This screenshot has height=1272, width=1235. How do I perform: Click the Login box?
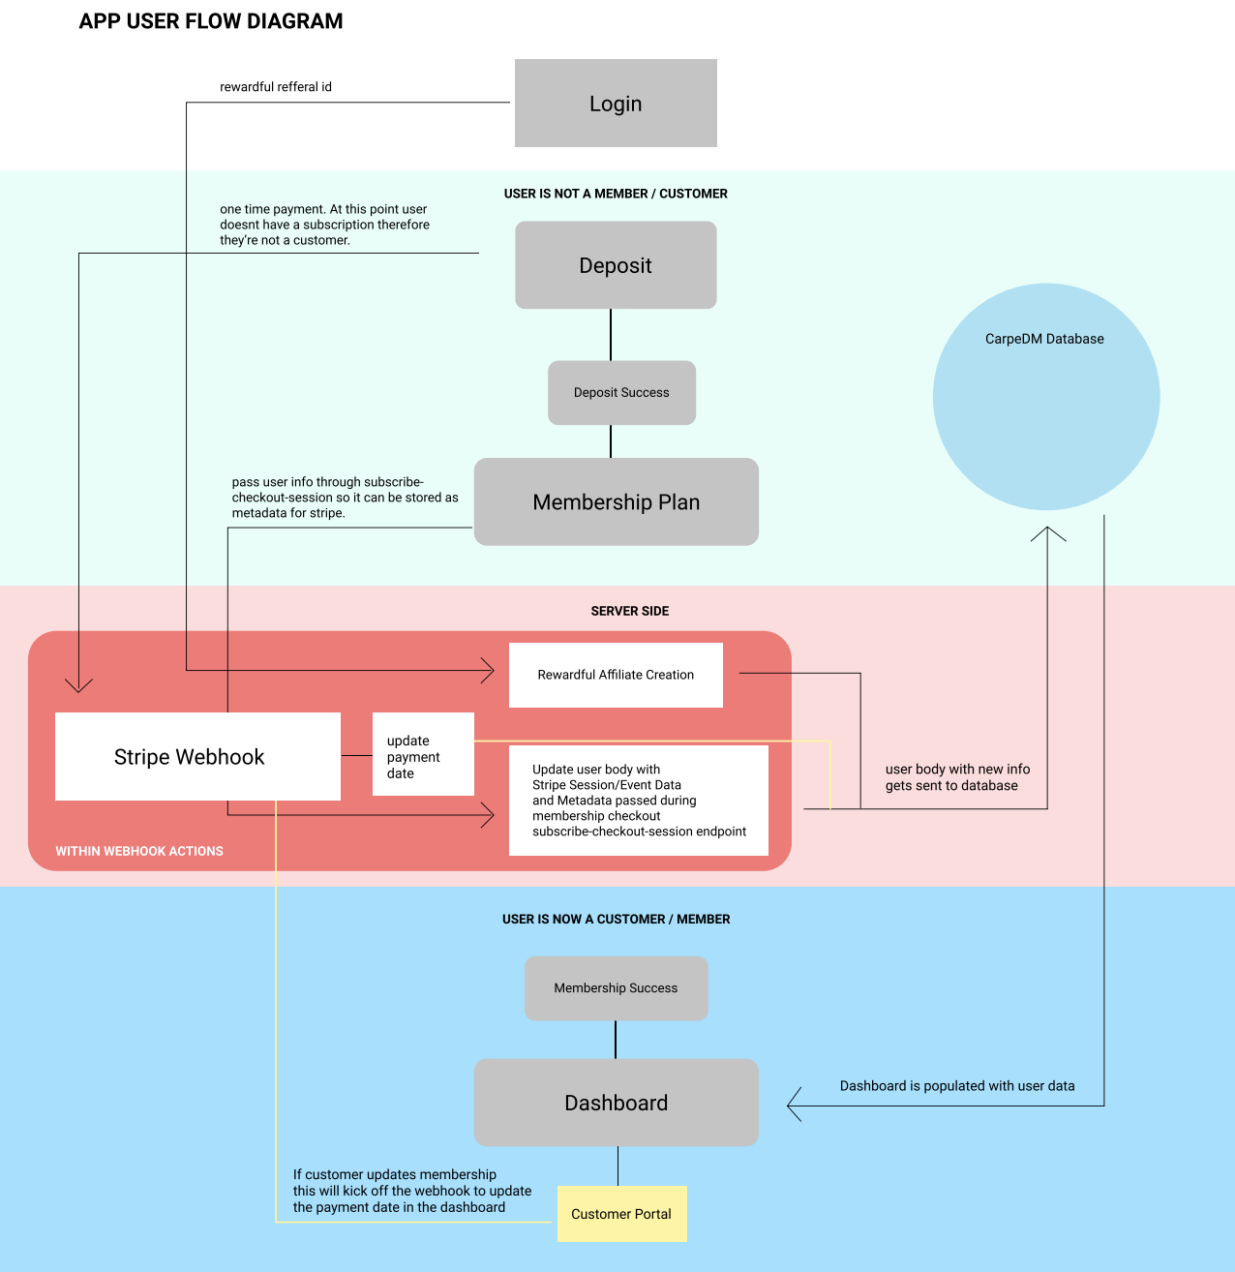pos(616,104)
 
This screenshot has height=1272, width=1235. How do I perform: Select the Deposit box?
pos(616,265)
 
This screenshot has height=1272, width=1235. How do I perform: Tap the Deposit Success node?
pos(621,393)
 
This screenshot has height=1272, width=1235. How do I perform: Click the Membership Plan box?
pos(616,501)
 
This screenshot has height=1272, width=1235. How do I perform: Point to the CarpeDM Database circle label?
pos(1044,339)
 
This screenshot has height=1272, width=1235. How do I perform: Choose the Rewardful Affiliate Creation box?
pos(616,675)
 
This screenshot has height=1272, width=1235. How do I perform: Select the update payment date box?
pos(423,756)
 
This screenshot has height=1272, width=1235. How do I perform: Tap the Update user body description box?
pos(638,801)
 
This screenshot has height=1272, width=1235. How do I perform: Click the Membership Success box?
pos(616,988)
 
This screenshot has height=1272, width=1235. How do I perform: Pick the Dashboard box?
pos(616,1103)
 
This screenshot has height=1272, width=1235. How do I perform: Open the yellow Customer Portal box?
pos(621,1214)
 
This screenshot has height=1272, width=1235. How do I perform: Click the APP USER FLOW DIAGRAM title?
pos(211,21)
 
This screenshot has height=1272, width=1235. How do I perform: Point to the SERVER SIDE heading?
pos(629,611)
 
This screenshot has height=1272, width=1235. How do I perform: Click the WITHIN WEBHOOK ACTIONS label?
pos(139,851)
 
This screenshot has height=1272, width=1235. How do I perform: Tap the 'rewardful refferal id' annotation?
pos(276,87)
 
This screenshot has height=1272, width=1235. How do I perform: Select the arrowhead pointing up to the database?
pos(1047,532)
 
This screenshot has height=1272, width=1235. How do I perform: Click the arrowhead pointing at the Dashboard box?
pos(795,1105)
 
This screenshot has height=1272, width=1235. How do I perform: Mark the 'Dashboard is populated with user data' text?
pos(957,1086)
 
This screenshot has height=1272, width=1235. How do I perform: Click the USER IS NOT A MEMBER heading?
pos(616,194)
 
